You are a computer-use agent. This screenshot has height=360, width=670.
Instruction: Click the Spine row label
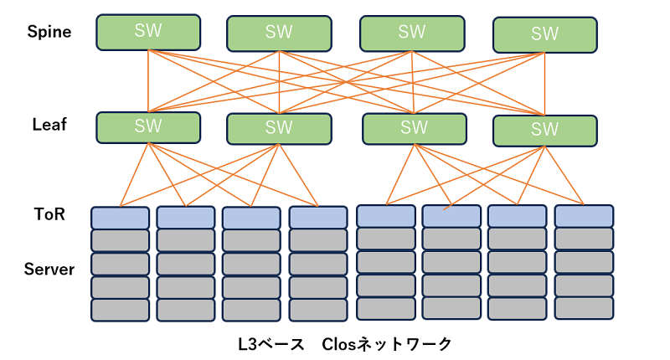click(x=49, y=32)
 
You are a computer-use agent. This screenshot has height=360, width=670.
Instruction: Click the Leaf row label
click(x=49, y=125)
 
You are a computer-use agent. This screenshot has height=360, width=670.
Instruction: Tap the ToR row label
click(x=49, y=214)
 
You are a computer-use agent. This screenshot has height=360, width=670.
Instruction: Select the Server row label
click(x=49, y=270)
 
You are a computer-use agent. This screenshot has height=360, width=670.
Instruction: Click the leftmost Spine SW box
click(x=148, y=32)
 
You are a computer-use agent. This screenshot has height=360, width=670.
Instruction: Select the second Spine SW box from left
click(x=279, y=33)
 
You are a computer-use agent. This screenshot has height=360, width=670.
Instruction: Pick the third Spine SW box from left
click(x=411, y=33)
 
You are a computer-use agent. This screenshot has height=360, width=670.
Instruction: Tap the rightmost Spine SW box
click(x=544, y=34)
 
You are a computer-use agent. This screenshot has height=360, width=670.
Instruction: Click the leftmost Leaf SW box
click(x=148, y=126)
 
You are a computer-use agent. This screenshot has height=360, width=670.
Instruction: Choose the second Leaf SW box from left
click(x=279, y=128)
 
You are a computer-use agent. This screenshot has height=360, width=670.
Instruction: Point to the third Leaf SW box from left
click(x=414, y=127)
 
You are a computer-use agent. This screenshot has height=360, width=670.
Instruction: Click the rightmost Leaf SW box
click(x=544, y=130)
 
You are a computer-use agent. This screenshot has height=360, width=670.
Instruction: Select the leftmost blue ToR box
click(x=120, y=218)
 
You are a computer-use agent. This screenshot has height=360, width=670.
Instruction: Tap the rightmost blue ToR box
click(x=584, y=215)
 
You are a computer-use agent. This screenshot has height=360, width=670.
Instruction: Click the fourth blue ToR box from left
click(x=318, y=218)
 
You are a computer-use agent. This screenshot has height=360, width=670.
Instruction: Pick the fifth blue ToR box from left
click(x=385, y=215)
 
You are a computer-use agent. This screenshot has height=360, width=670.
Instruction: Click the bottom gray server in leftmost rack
click(x=120, y=310)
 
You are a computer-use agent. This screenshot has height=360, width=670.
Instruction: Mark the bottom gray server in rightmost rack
click(x=584, y=307)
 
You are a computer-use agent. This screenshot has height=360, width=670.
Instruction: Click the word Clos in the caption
click(x=341, y=344)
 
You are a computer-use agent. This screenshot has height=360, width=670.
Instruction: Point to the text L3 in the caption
click(x=249, y=344)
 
